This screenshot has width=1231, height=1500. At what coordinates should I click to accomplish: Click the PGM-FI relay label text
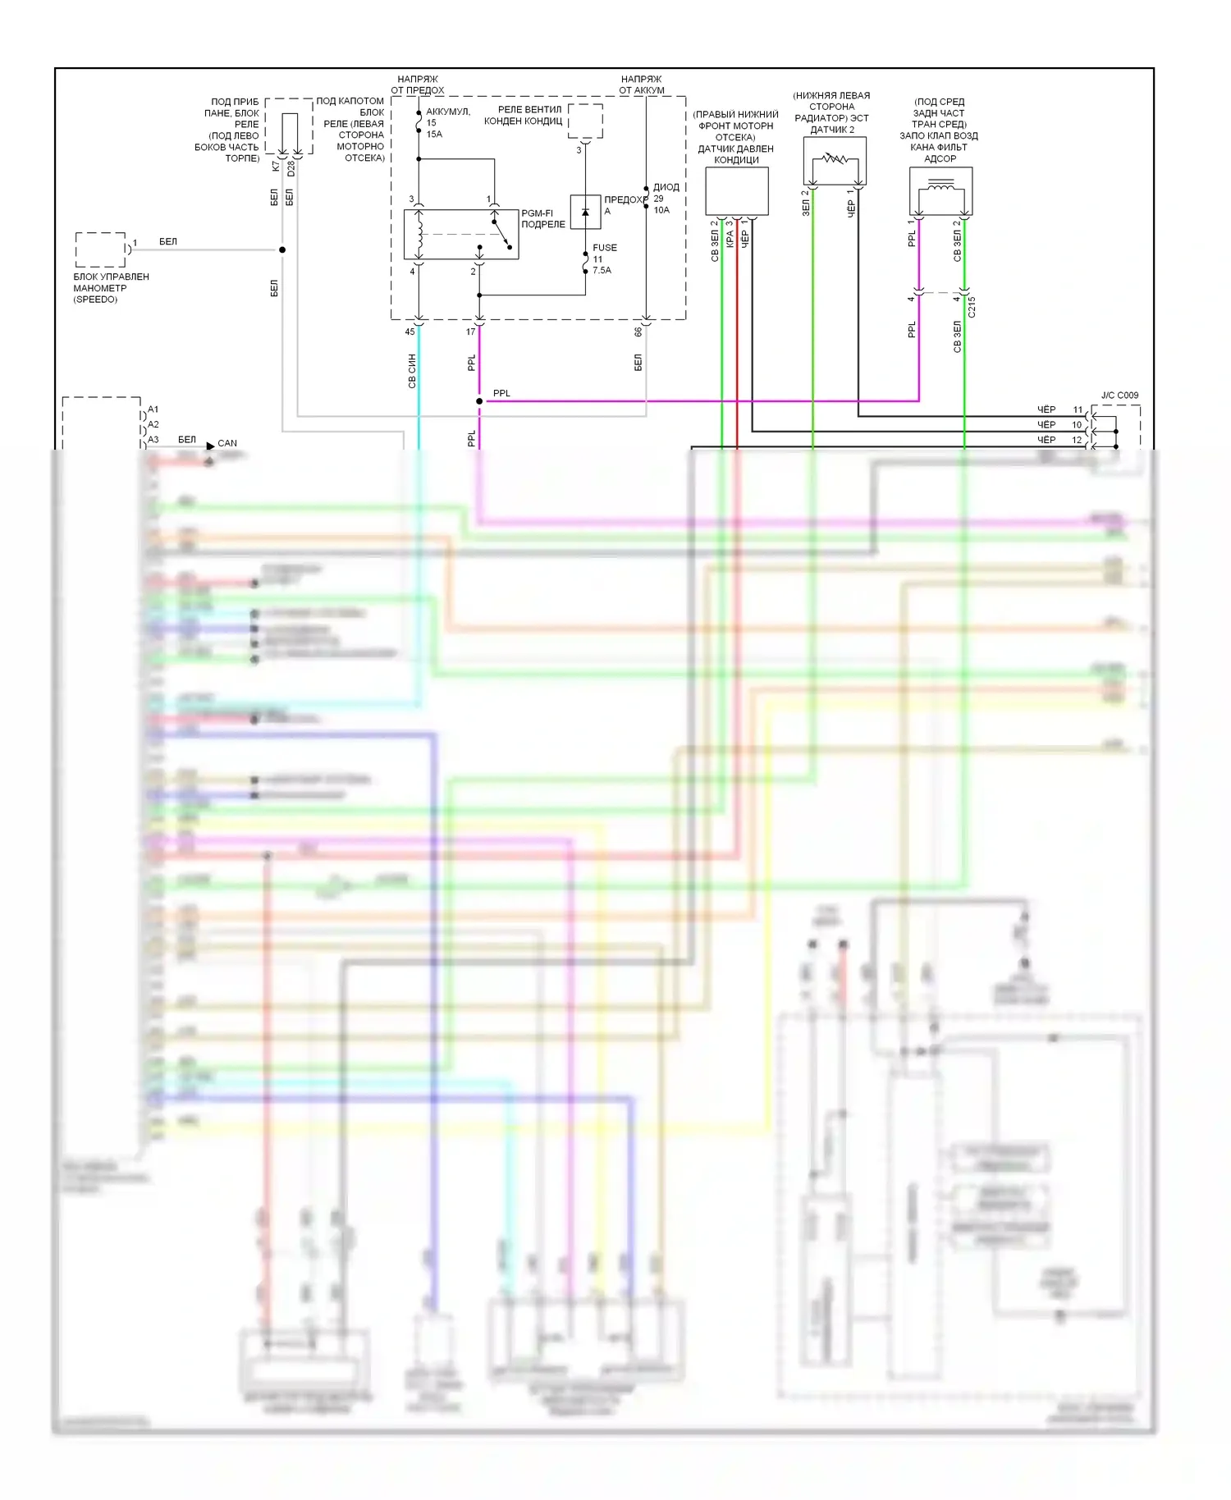click(x=542, y=218)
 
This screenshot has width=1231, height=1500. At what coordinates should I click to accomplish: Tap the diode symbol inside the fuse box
click(x=585, y=212)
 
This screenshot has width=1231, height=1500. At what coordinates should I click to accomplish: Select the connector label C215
click(x=972, y=307)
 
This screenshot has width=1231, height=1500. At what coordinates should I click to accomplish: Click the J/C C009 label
click(x=1119, y=396)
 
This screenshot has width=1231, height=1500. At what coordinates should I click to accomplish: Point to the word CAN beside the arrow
click(x=227, y=443)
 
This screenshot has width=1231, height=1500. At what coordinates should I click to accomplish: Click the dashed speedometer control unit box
click(x=100, y=249)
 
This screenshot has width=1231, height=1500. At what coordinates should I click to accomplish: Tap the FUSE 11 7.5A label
click(x=604, y=258)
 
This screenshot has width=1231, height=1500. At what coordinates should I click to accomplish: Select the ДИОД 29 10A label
click(x=665, y=199)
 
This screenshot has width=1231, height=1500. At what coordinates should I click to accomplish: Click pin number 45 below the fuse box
click(x=410, y=332)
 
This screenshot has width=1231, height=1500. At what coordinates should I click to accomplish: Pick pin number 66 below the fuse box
click(x=638, y=332)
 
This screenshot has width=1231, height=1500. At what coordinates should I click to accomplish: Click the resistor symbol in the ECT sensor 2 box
click(x=835, y=158)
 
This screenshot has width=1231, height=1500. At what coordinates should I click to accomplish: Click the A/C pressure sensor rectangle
click(x=737, y=191)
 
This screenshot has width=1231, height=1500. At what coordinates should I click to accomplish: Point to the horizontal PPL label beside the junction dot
click(x=501, y=394)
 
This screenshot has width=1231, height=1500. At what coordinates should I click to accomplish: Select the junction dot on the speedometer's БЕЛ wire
click(x=282, y=249)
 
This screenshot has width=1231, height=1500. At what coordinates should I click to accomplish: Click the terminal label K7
click(x=276, y=166)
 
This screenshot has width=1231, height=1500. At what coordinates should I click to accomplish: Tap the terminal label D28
click(x=291, y=169)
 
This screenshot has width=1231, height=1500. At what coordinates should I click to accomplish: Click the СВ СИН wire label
click(x=412, y=371)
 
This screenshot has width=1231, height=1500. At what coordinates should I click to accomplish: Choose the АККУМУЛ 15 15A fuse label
click(x=446, y=123)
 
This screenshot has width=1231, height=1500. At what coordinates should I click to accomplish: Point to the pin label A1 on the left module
click(x=153, y=409)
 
